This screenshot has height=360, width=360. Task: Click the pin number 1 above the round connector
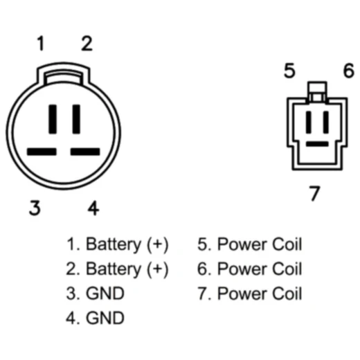41,43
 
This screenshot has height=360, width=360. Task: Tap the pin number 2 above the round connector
87,43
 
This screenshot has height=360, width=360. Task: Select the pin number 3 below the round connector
35,208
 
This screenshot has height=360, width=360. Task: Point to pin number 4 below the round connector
93,208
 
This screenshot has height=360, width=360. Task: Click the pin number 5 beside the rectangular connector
289,70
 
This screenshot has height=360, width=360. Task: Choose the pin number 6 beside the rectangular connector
348,70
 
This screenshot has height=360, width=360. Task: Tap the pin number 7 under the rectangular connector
314,193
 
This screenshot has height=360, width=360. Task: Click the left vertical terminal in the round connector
53,119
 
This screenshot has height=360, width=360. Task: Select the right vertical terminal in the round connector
76,119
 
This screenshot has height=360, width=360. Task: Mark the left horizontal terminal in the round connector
42,152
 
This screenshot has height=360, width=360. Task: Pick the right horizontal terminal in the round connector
85,152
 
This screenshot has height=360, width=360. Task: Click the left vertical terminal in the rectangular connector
309,122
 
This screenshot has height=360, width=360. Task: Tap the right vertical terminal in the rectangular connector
326,122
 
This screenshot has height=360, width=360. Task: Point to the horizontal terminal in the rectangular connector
317,144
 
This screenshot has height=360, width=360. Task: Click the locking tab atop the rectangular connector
317,91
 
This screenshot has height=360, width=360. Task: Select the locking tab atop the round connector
63,73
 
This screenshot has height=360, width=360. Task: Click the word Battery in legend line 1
113,244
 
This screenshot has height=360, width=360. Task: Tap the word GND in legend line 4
105,318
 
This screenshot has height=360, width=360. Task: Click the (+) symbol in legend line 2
158,269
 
